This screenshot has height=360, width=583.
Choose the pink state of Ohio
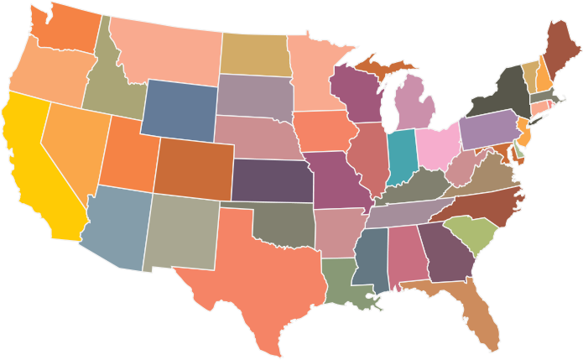pyautogui.click(x=437, y=146)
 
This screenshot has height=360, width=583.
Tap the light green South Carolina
pyautogui.click(x=470, y=234)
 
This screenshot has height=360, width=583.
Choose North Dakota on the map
pyautogui.click(x=254, y=55)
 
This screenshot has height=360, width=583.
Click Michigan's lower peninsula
pyautogui.click(x=415, y=105)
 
